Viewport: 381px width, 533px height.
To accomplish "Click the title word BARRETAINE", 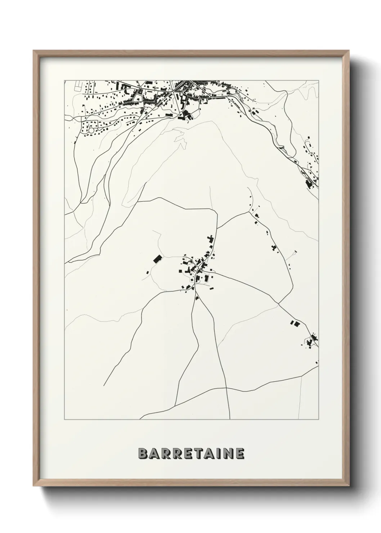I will (191, 453).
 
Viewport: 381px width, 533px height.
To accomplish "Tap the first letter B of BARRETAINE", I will (142, 453).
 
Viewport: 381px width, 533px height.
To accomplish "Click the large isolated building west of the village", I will (157, 259).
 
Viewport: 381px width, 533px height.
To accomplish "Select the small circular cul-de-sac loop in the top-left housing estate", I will (91, 130).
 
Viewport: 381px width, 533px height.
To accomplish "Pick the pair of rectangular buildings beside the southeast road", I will (295, 323).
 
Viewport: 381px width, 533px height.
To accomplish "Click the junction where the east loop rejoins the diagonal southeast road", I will (278, 304).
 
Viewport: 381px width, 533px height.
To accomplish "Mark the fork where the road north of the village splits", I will (218, 228).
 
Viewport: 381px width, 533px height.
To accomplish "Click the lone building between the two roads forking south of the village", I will (197, 298).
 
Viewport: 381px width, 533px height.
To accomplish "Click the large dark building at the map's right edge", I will (309, 183).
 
